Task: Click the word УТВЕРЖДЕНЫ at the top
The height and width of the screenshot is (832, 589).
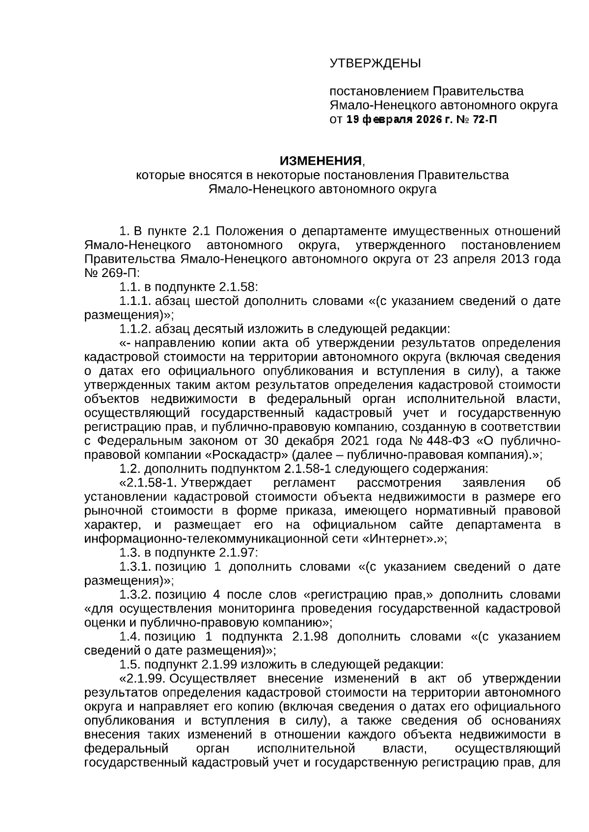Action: (x=375, y=63)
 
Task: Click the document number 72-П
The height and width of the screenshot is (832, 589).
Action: (x=484, y=120)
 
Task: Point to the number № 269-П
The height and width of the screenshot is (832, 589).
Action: (x=112, y=273)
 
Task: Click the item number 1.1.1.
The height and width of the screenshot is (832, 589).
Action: (x=134, y=301)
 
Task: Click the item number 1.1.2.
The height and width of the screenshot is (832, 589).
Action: (x=134, y=329)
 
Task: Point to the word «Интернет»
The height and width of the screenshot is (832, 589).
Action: (x=400, y=539)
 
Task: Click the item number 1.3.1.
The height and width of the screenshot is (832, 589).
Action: (x=134, y=567)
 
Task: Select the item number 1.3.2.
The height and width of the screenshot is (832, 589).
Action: (x=134, y=595)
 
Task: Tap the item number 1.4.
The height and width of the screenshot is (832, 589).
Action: (x=130, y=637)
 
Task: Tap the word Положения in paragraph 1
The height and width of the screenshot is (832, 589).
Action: (x=242, y=231)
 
